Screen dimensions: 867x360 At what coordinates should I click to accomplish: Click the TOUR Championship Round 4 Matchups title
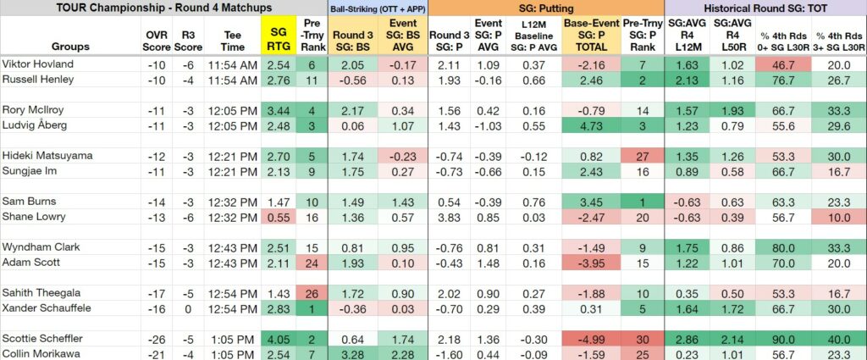coord(163,8)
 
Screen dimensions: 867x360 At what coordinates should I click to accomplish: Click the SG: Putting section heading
coord(546,8)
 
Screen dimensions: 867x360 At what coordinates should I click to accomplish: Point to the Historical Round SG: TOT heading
coord(765,8)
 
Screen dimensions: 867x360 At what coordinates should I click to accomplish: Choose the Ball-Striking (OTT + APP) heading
coord(378,8)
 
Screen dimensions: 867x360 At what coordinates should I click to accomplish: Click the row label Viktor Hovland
coord(37,64)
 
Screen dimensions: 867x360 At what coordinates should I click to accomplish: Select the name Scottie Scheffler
coord(42,338)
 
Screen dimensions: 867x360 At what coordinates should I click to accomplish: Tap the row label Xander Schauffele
coord(47,307)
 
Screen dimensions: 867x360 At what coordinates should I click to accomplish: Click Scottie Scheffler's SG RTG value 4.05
coord(279,339)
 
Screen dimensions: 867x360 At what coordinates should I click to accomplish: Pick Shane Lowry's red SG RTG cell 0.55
coord(279,218)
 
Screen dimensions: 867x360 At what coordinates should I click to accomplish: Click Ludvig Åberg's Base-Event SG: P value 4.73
coord(592,125)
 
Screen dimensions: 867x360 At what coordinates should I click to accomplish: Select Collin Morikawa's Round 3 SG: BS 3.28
coord(350,353)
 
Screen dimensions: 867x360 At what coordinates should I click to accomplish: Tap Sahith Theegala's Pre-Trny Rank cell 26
coord(312,292)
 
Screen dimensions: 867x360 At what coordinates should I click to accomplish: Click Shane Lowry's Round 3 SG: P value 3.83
coord(449,218)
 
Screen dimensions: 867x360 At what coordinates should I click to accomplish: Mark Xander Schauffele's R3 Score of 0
coord(188,308)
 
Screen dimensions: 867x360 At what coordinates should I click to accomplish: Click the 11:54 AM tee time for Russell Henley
coord(233,80)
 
